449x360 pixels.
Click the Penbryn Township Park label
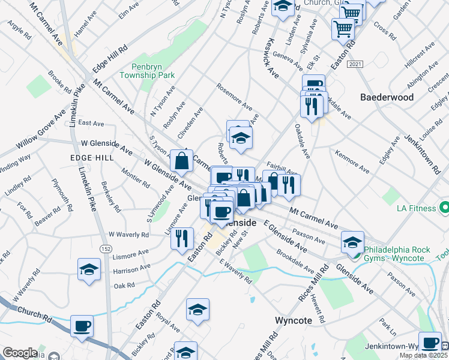tap(147, 71)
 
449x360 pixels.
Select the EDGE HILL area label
tap(91, 157)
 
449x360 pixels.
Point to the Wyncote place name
tap(293, 320)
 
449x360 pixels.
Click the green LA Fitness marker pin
tap(444, 208)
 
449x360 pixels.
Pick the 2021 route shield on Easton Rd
tap(356, 64)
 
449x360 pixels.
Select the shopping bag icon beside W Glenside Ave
tap(181, 161)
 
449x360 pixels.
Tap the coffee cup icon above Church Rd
tap(82, 326)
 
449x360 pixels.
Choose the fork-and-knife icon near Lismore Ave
tap(181, 237)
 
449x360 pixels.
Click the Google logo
tap(20, 353)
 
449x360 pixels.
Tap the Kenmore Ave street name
tap(352, 160)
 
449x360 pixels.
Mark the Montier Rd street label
tap(135, 178)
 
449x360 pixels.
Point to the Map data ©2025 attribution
tap(424, 355)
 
